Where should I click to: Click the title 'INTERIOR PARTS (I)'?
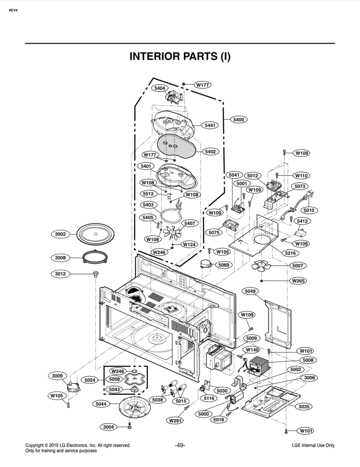point(180,56)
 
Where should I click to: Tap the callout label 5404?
point(160,88)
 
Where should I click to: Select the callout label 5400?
point(239,120)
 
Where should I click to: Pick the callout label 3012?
point(60,274)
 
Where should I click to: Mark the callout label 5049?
point(251,291)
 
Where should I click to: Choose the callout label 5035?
point(304,406)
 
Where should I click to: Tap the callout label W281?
point(175,420)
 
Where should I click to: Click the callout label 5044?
point(101,404)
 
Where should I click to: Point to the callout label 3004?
point(109,427)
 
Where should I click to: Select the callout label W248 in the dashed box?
point(117,371)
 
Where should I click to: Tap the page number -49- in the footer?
point(180,445)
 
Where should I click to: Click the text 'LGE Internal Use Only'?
point(313,446)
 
